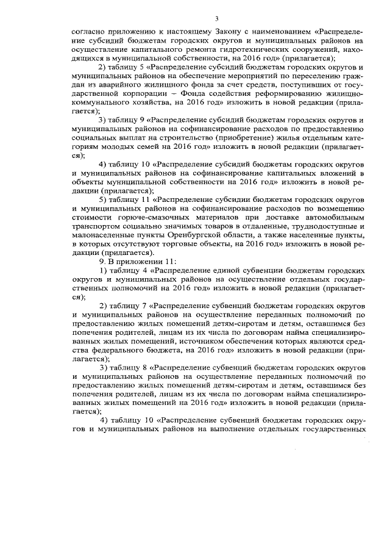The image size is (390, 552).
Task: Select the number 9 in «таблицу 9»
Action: point(141,120)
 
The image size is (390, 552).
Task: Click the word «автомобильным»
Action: point(333,218)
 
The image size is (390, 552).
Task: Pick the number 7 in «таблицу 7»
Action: point(141,305)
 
